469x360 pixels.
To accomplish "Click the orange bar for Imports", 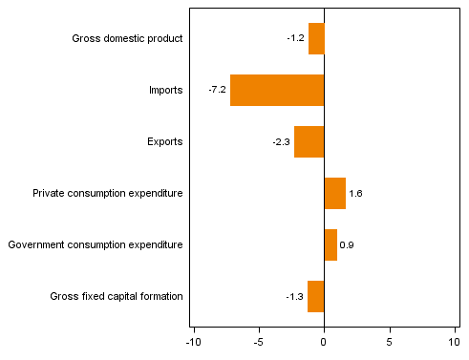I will click(x=277, y=90).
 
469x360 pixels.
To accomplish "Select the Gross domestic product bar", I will click(x=316, y=38).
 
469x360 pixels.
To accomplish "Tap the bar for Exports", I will click(x=309, y=141).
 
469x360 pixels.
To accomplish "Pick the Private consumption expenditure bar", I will click(x=334, y=193).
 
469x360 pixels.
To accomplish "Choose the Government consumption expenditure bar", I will click(x=330, y=244).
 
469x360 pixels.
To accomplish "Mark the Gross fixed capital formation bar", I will click(x=315, y=296).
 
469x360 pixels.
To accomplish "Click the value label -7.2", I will click(x=217, y=90).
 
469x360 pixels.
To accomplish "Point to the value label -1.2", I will click(x=295, y=38).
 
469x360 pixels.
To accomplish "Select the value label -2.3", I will click(x=281, y=141).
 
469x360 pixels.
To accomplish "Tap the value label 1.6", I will click(x=355, y=194).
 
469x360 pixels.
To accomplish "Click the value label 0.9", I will click(x=347, y=245).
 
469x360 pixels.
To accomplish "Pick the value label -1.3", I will click(x=295, y=297).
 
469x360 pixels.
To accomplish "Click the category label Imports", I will click(x=165, y=90).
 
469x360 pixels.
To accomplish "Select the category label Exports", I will click(x=164, y=141).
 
